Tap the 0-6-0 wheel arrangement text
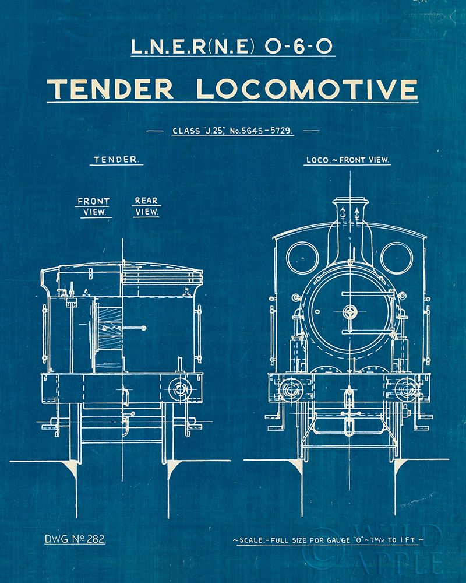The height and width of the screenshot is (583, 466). coord(302,47)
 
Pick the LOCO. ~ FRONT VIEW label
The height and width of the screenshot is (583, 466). coord(348,159)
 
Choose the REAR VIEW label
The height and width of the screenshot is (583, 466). coord(146,207)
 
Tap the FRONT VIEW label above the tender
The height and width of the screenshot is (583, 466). coord(94,207)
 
